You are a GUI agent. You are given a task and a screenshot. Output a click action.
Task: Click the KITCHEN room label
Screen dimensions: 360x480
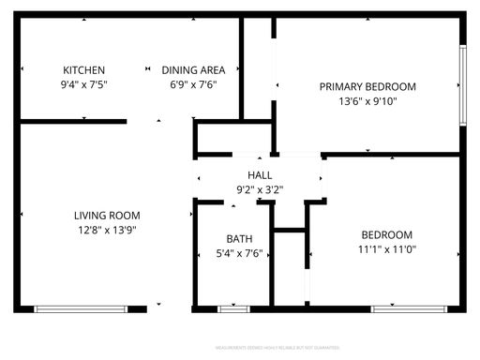[x=83, y=70]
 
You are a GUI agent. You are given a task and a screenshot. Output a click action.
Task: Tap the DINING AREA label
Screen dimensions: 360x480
[x=193, y=70]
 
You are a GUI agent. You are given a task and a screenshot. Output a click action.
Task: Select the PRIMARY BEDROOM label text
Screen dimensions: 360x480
[x=367, y=87]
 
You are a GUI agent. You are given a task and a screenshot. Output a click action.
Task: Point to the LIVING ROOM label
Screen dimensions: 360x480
[x=107, y=215]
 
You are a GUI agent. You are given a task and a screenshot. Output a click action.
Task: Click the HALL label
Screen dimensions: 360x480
[x=260, y=175]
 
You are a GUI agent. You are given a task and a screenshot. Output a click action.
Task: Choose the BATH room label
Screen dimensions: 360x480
[x=239, y=238]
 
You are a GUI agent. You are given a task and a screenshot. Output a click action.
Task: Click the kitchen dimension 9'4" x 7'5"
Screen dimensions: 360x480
[x=83, y=85]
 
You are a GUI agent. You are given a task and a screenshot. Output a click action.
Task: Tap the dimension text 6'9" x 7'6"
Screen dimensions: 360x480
[x=193, y=85]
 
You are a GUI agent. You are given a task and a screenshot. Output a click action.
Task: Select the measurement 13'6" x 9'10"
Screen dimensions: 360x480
[x=367, y=102]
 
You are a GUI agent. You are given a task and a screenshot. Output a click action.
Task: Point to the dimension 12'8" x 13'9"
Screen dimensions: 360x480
[x=107, y=230]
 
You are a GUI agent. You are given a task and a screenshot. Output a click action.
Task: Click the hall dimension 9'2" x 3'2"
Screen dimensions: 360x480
[x=260, y=190]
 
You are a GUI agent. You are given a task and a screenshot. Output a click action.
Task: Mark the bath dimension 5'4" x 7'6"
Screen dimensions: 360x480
[x=239, y=253]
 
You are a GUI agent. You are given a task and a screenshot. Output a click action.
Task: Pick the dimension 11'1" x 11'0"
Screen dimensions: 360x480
[x=387, y=249]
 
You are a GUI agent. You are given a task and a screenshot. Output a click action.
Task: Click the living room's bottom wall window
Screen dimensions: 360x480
[x=81, y=308]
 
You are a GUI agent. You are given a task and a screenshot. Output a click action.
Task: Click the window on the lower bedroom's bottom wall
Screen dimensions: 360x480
[x=396, y=308]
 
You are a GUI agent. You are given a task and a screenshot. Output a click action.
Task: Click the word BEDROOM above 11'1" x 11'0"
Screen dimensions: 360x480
[x=387, y=234]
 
